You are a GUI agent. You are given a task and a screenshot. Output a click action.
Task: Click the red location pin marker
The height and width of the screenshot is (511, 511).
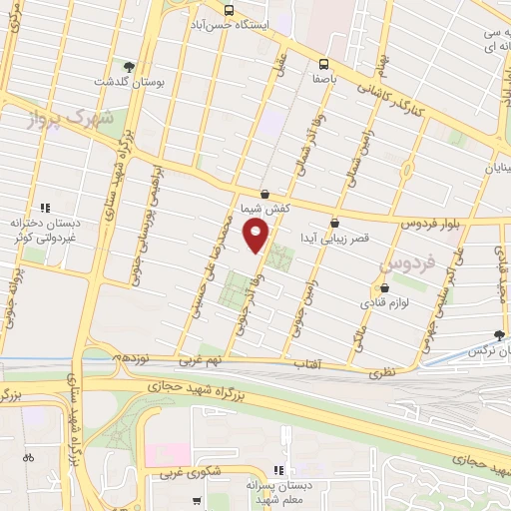click(x=257, y=236)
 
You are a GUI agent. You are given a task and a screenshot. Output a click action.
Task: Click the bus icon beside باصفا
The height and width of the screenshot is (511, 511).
click(x=336, y=61)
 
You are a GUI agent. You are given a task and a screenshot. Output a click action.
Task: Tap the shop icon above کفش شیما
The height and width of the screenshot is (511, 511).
click(x=264, y=194)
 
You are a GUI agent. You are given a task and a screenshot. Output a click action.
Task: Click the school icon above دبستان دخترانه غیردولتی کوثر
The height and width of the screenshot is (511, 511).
click(x=42, y=209)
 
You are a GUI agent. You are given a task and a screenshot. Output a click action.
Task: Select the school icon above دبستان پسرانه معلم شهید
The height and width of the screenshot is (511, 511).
click(x=279, y=470)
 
